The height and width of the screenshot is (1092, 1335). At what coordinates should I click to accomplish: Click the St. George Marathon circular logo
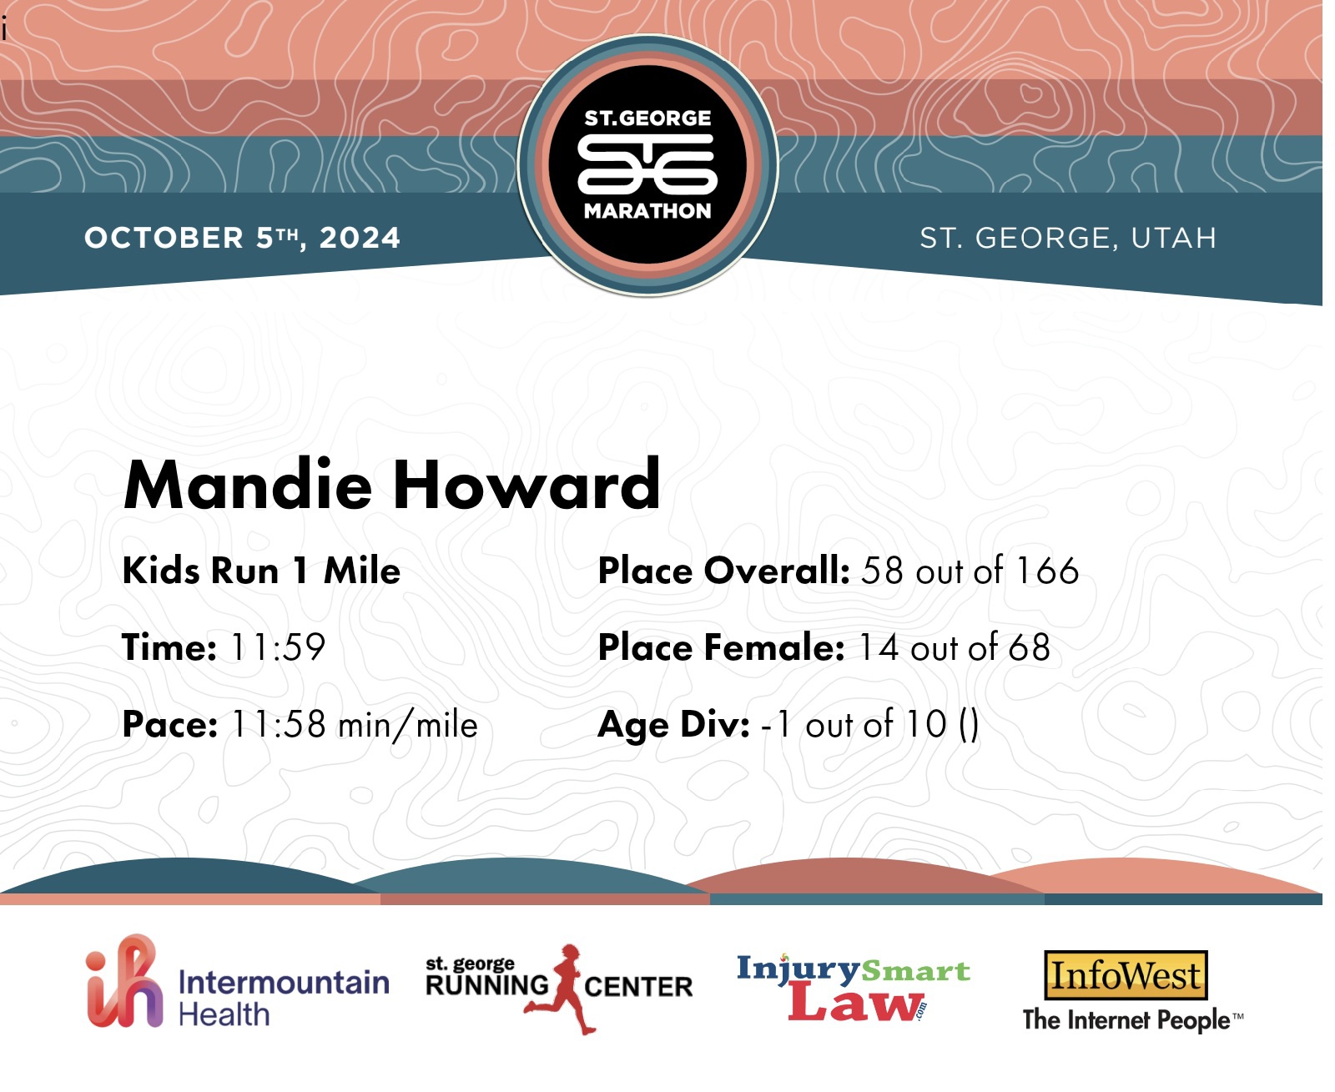[647, 164]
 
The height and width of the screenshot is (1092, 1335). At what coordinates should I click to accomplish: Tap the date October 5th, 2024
[243, 238]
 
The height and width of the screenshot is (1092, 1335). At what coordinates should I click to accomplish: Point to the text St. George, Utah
[1068, 238]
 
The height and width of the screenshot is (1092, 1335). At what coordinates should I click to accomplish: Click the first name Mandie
[248, 485]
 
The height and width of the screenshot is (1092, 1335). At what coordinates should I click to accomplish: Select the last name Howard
[527, 484]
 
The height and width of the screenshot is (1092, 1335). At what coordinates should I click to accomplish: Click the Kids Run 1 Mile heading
[261, 570]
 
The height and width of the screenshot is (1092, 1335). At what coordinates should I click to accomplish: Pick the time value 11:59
[277, 647]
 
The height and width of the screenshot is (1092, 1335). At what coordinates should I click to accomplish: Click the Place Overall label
[723, 570]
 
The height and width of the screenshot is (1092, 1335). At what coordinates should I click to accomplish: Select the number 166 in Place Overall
[1048, 570]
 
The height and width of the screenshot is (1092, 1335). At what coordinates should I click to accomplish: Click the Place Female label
[721, 647]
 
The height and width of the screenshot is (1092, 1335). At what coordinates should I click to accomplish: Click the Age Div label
[673, 726]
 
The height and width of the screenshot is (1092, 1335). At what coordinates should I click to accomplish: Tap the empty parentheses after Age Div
[969, 726]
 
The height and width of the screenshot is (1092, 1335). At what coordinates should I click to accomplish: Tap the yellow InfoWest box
[1126, 975]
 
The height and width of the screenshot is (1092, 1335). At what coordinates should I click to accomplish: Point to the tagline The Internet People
[1132, 1021]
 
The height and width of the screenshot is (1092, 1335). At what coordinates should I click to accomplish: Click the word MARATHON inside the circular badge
[647, 211]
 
